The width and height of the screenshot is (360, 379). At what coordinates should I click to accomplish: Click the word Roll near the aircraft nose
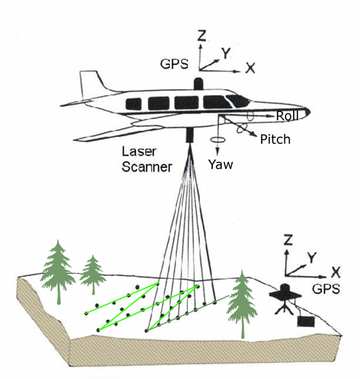(287, 116)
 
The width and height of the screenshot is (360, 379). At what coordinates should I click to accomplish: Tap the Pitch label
(274, 140)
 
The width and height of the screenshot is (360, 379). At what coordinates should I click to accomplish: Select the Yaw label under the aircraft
(220, 165)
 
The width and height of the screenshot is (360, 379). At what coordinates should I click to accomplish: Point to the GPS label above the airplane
(175, 64)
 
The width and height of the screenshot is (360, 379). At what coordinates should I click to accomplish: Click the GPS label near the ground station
(325, 289)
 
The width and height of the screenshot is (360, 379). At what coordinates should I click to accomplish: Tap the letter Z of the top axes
(201, 36)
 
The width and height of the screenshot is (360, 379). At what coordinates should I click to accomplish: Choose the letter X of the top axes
(250, 68)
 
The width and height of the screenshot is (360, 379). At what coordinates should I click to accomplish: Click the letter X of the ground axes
(335, 272)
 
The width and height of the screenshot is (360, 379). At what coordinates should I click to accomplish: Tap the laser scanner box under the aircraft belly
(191, 135)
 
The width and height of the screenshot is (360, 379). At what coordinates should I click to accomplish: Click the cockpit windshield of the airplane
(237, 100)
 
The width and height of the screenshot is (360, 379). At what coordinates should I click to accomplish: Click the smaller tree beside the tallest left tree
(93, 272)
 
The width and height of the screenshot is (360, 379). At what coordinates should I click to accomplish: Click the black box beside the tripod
(305, 320)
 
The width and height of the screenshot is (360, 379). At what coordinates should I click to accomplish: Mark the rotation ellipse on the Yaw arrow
(218, 140)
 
